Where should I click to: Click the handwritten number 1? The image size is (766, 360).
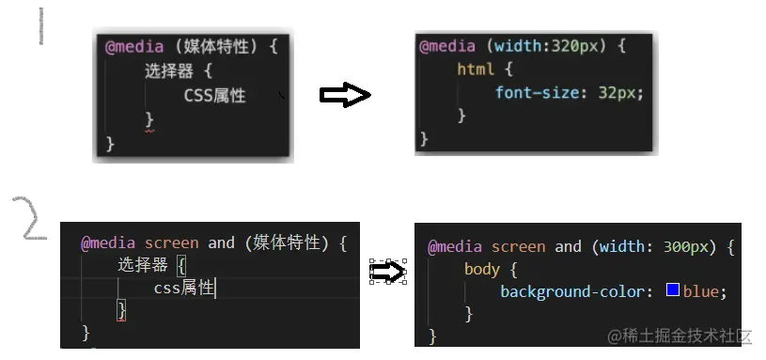(x=39, y=25)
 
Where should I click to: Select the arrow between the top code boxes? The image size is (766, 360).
(x=345, y=95)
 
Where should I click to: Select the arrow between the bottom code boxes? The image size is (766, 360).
(x=387, y=272)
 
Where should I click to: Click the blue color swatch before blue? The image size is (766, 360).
(x=672, y=290)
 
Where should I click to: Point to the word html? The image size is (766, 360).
(x=474, y=69)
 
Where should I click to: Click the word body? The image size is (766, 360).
(x=482, y=269)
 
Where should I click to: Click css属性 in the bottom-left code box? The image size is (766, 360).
(x=184, y=288)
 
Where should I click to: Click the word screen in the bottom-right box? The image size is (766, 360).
(x=518, y=246)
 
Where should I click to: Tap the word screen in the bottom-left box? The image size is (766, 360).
(x=171, y=243)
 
